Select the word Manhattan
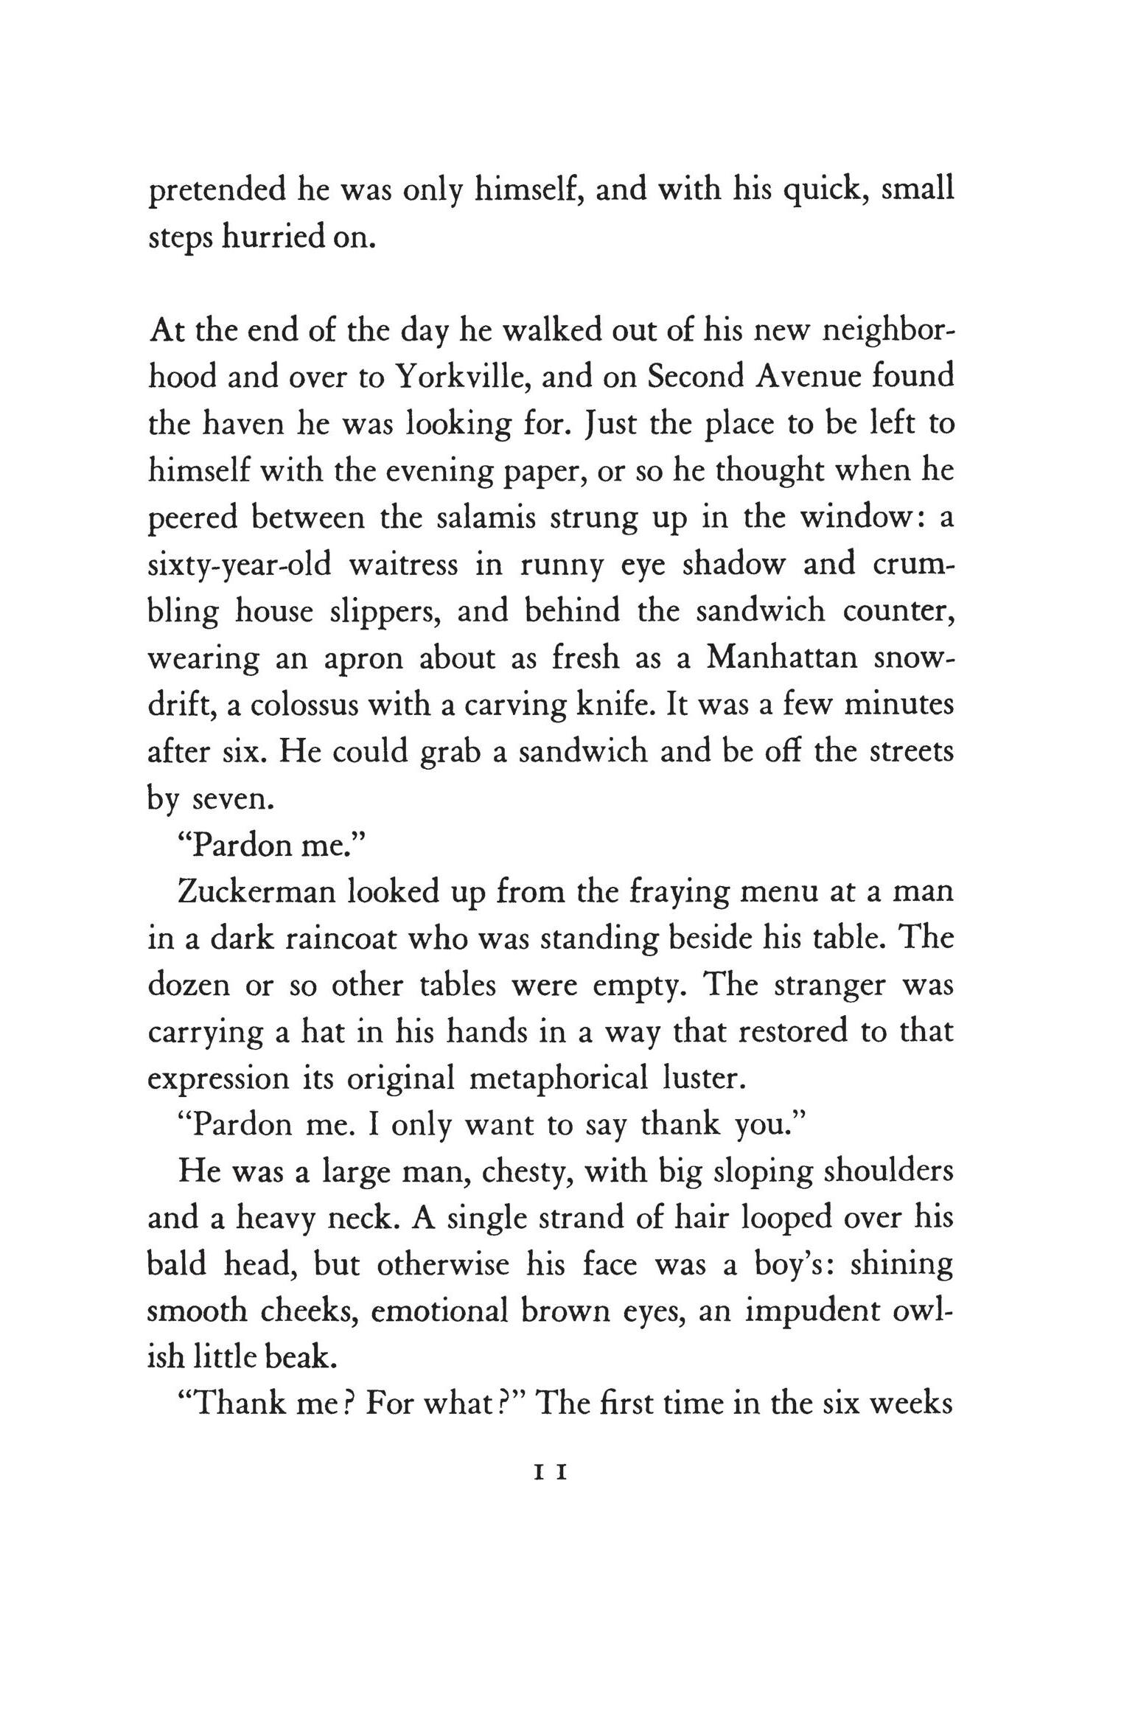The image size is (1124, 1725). (x=782, y=658)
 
